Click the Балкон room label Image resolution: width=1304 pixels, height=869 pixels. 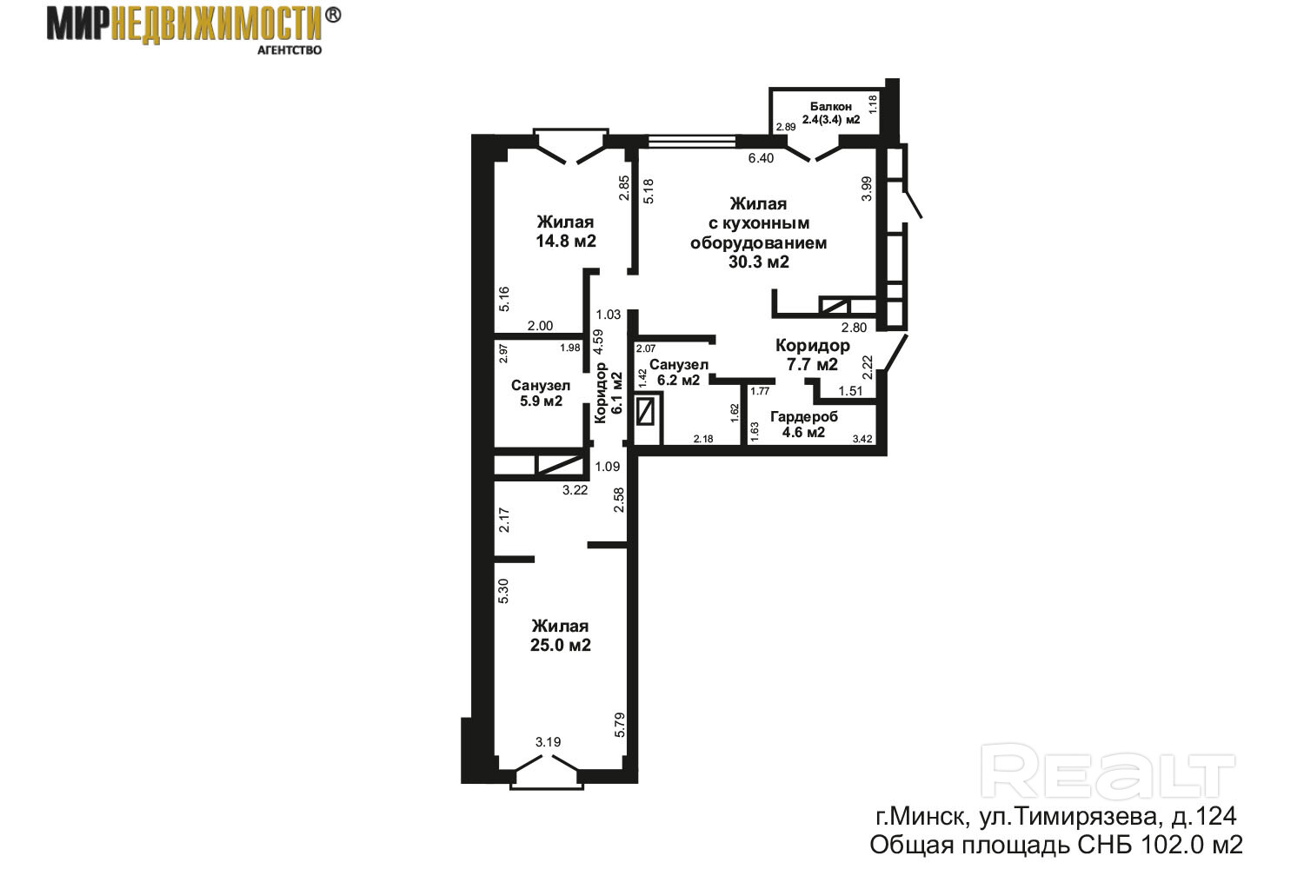pyautogui.click(x=831, y=107)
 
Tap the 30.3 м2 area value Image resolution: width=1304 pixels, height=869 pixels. pyautogui.click(x=759, y=262)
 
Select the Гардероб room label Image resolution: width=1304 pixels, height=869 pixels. pyautogui.click(x=804, y=417)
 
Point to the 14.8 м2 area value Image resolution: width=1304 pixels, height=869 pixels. pyautogui.click(x=566, y=241)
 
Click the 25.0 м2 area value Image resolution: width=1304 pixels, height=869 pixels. pyautogui.click(x=561, y=645)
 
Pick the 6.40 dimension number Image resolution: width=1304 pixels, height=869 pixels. pyautogui.click(x=761, y=158)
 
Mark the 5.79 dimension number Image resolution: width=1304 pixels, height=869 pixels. pyautogui.click(x=619, y=725)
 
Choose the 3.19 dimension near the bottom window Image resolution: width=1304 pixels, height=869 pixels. pyautogui.click(x=548, y=742)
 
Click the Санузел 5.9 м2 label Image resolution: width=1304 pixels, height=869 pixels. pyautogui.click(x=541, y=393)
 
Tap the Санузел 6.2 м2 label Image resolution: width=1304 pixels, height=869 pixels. pyautogui.click(x=679, y=372)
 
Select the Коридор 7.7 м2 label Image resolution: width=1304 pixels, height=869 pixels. pyautogui.click(x=813, y=355)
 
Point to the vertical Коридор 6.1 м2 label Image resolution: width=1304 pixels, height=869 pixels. pyautogui.click(x=609, y=393)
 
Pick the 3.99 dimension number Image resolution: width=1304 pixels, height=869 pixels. pyautogui.click(x=867, y=189)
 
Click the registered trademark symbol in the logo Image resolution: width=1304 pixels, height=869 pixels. pyautogui.click(x=332, y=15)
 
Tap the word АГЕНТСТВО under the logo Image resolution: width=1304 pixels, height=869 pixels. pyautogui.click(x=289, y=50)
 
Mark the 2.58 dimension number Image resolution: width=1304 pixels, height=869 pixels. pyautogui.click(x=619, y=500)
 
